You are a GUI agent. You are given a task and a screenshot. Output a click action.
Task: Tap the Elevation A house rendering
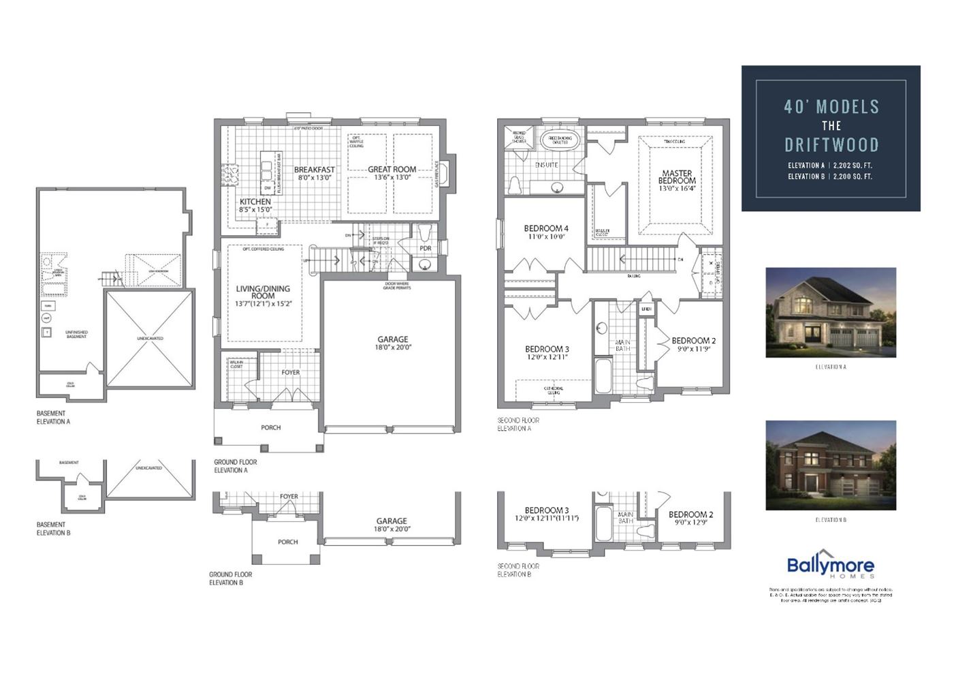[x=830, y=312]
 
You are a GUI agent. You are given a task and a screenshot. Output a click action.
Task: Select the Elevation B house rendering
[x=830, y=465]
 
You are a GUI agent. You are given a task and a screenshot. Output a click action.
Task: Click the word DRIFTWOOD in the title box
[x=831, y=144]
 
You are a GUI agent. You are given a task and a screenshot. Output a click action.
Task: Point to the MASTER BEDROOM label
[x=677, y=177]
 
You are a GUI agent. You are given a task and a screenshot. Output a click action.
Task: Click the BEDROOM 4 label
[x=545, y=228]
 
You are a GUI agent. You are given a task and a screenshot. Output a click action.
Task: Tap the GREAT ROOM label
[x=392, y=170]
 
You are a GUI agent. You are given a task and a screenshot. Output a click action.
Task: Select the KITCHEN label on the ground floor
[x=255, y=202]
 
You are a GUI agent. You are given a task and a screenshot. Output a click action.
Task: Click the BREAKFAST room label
[x=314, y=170]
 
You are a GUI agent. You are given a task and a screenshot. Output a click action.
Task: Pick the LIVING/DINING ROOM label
[x=263, y=292]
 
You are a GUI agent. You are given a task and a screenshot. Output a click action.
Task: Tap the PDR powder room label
[x=426, y=249]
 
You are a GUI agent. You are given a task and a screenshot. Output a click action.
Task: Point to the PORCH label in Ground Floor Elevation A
[x=270, y=428]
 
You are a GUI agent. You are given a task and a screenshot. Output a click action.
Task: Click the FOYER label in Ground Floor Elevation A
[x=290, y=373]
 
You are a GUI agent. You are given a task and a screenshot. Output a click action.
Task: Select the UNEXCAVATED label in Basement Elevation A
[x=149, y=338]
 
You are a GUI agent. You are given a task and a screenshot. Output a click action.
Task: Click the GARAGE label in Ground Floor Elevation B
[x=392, y=521]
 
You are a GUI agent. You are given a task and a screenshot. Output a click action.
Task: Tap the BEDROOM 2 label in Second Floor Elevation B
[x=690, y=514]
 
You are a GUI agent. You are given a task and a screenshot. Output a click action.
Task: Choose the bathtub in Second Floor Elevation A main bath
[x=603, y=377]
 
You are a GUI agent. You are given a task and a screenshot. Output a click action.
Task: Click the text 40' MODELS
[x=831, y=107]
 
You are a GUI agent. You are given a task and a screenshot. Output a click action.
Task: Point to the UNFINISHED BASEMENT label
[x=76, y=335]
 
